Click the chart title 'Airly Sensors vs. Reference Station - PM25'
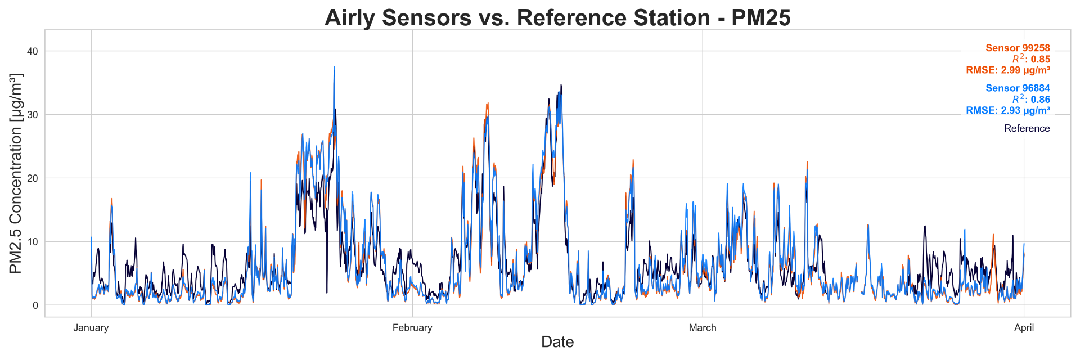557,18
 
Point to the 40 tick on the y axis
33,51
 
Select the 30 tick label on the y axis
33,115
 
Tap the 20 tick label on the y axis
33,178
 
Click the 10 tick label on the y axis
33,242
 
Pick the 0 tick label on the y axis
35,305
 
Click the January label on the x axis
91,328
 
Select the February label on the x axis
412,328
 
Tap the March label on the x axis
703,328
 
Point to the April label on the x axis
1024,328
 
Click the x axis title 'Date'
557,342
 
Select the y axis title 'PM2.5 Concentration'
16,173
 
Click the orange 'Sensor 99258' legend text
1018,48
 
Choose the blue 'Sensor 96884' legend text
1018,88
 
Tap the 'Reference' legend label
1027,128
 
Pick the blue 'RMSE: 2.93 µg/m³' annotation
1008,111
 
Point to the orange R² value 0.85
1040,60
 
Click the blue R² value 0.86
1040,100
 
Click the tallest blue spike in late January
334,68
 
